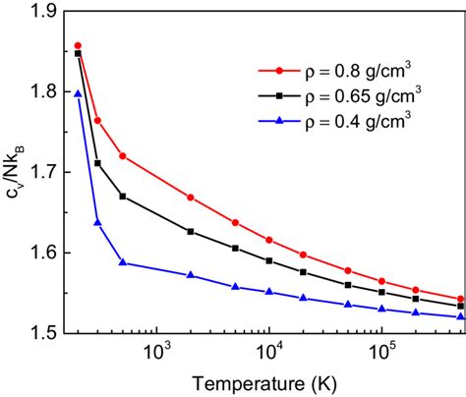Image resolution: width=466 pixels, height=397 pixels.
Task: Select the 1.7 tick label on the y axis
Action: (44, 172)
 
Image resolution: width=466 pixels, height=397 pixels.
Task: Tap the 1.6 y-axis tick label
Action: (44, 253)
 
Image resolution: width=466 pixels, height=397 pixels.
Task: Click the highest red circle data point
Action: (78, 46)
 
